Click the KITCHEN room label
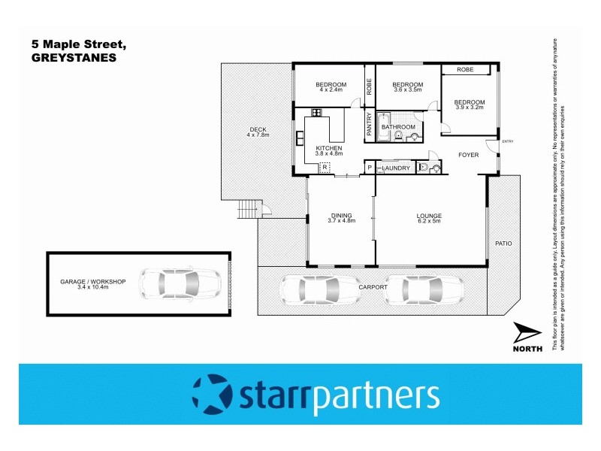[329, 148]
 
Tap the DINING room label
[341, 216]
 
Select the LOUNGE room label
[429, 216]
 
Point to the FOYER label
[469, 155]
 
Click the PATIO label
[503, 244]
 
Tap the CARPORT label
[373, 287]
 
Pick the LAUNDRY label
[396, 168]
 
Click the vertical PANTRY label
[369, 124]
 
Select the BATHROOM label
[398, 127]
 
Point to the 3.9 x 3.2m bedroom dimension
[470, 107]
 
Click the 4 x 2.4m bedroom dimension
[331, 89]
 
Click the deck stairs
[247, 210]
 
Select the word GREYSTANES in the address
[74, 56]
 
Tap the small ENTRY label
[508, 141]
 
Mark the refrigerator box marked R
[325, 168]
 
